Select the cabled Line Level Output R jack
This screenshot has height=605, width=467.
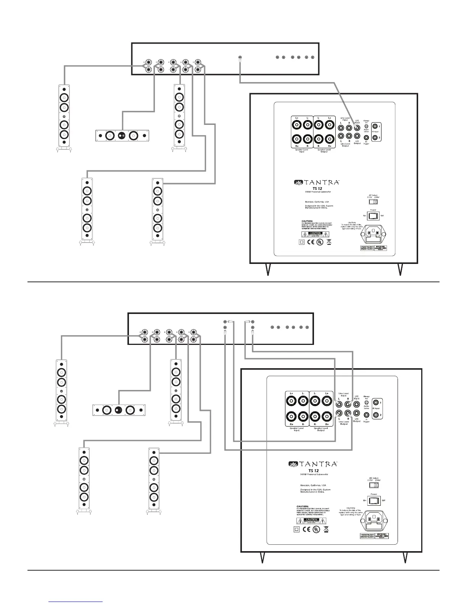348,413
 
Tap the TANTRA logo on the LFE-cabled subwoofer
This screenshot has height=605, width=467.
316,182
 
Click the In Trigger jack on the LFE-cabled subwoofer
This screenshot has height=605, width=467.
366,137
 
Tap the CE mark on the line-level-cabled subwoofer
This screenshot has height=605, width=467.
306,529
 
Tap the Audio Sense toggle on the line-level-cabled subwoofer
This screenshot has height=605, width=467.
366,403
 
